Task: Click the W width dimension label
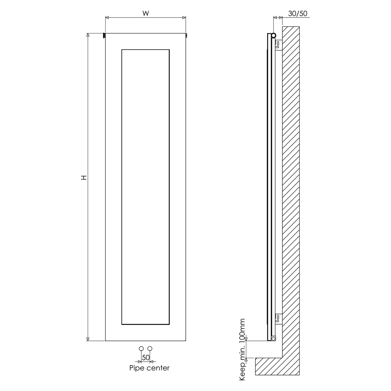click(x=146, y=14)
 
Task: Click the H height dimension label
click(x=84, y=178)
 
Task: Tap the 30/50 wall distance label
click(x=298, y=14)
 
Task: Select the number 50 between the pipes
click(x=146, y=358)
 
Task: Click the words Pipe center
click(x=149, y=368)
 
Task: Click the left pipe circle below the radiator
click(x=141, y=349)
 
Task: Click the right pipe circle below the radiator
click(x=150, y=349)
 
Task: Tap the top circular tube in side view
click(x=273, y=35)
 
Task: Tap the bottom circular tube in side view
click(x=273, y=338)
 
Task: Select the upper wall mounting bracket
click(x=278, y=45)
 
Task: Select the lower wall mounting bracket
click(x=278, y=319)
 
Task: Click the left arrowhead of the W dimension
click(x=107, y=18)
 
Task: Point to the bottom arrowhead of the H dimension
click(x=88, y=339)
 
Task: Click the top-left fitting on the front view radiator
click(x=104, y=35)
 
